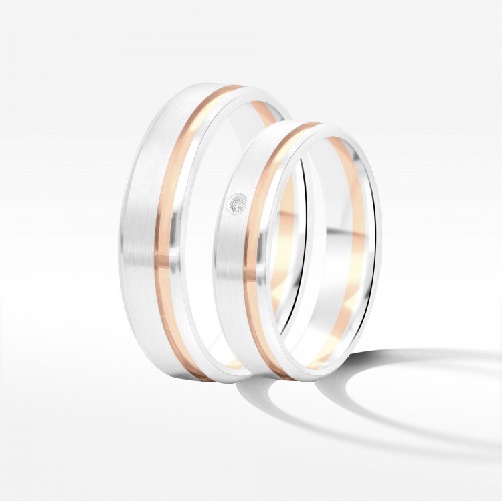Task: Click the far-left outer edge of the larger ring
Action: pos(127,234)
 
